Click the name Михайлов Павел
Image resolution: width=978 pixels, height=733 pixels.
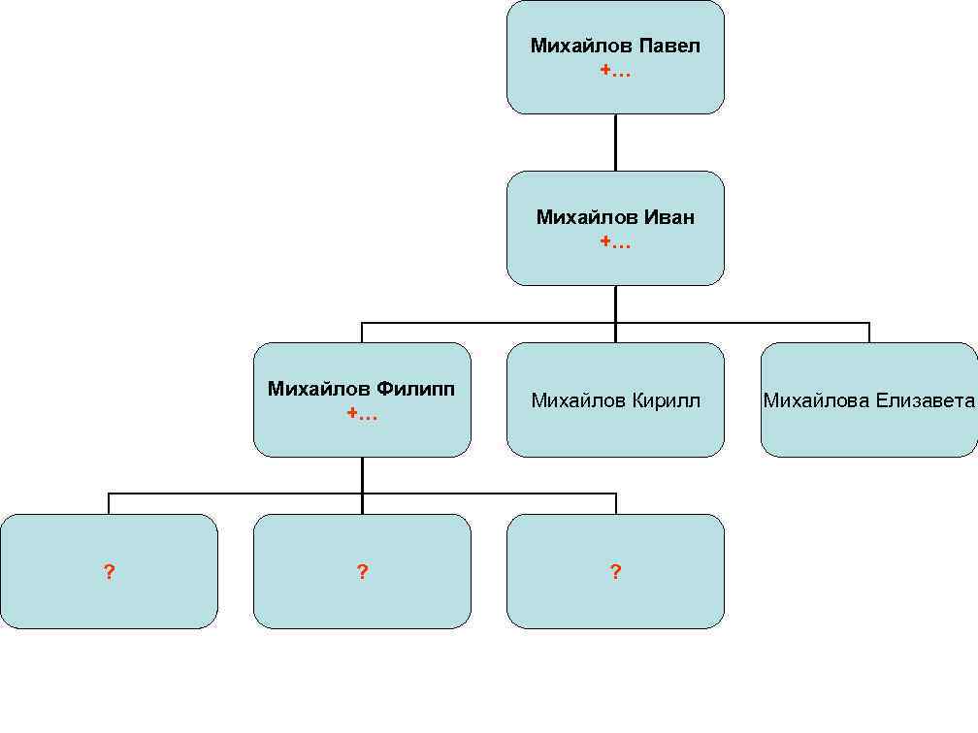tap(615, 46)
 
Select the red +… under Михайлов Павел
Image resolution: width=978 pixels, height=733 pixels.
tap(615, 71)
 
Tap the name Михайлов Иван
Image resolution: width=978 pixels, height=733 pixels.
tap(615, 217)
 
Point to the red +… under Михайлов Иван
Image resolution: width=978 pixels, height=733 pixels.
tap(615, 242)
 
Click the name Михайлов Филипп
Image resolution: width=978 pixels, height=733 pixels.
tap(362, 389)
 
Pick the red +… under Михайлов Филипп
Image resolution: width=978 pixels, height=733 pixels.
tap(362, 414)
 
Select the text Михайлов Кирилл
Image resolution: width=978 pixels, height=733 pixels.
tap(615, 400)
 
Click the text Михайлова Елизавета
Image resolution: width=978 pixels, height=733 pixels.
tap(869, 400)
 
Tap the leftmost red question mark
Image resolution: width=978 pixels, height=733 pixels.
tap(109, 572)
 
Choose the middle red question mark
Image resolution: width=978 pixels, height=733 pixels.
tap(362, 572)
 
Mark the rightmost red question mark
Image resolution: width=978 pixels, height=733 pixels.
tap(615, 572)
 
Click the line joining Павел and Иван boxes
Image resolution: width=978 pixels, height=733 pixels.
tap(615, 143)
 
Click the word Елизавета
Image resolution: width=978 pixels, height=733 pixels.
tap(926, 400)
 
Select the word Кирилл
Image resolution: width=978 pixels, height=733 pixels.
tap(667, 400)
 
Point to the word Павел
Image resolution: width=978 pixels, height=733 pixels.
tap(669, 46)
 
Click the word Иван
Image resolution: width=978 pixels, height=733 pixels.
tap(669, 217)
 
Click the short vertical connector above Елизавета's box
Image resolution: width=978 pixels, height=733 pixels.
tap(869, 333)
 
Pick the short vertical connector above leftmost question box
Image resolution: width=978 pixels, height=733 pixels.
tap(109, 504)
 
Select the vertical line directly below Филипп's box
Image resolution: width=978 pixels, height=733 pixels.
tap(362, 474)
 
